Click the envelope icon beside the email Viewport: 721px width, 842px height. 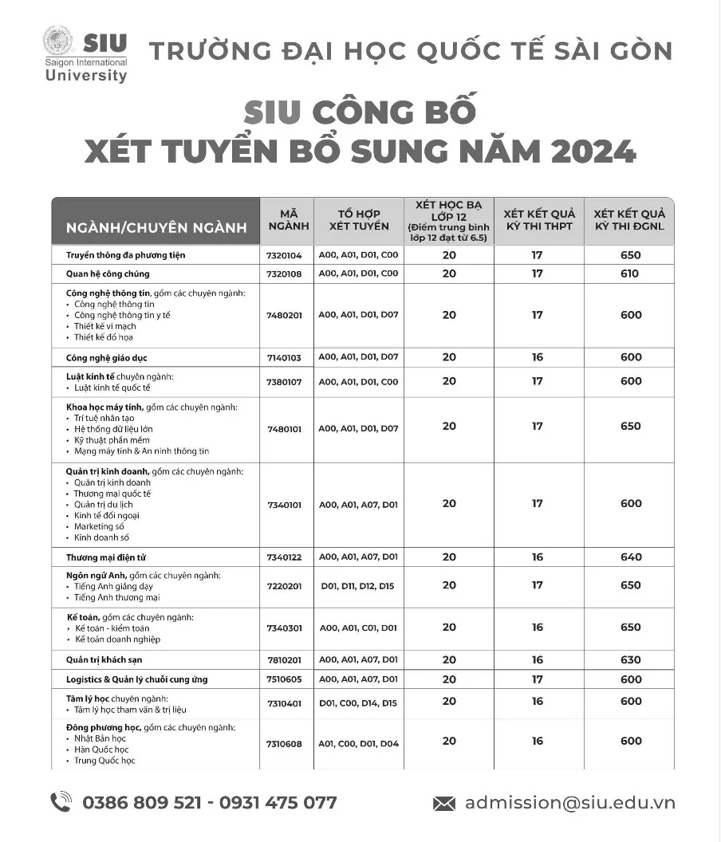tap(444, 803)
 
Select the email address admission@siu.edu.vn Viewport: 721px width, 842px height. tap(569, 802)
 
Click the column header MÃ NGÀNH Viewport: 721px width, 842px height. tap(288, 220)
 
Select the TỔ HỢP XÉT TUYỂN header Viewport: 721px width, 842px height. tap(359, 220)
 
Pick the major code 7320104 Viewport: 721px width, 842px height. tap(285, 255)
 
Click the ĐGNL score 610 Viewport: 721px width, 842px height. tap(629, 273)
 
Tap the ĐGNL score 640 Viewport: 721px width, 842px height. tap(630, 557)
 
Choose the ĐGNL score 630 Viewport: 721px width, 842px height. tap(630, 659)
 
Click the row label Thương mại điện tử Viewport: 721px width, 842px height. tap(106, 557)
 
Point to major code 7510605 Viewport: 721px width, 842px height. tap(285, 679)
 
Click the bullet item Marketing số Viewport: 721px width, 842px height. tap(100, 526)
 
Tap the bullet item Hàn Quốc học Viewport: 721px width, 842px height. tap(100, 750)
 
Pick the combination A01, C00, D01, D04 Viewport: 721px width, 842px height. tap(358, 743)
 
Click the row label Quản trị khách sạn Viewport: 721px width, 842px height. tap(104, 659)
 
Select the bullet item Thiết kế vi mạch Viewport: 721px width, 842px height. tap(104, 325)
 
